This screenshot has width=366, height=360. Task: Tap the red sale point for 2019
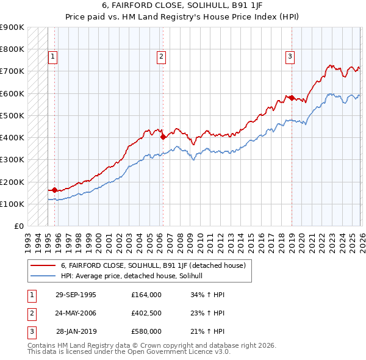tap(292, 98)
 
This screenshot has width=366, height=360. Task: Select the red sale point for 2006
tap(163, 137)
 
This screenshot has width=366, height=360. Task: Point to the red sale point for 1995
tap(55, 190)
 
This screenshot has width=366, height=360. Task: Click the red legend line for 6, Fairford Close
tap(43, 265)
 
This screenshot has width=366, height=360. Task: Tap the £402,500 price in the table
tap(146, 313)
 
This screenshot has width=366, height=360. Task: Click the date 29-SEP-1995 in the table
tap(76, 294)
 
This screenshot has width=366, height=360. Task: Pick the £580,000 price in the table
tap(146, 331)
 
